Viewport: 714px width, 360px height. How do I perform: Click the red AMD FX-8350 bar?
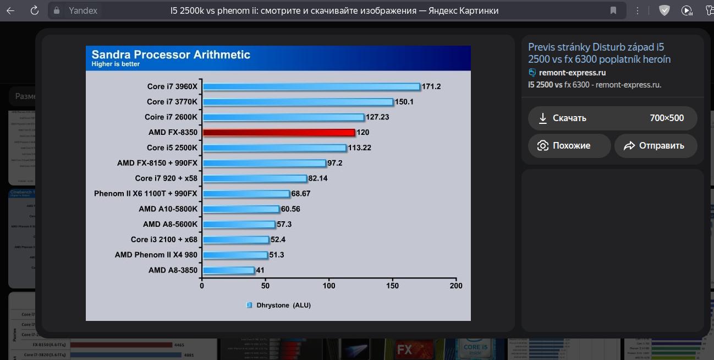279,133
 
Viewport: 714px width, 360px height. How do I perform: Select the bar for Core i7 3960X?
311,86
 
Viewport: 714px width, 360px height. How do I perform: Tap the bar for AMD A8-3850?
229,270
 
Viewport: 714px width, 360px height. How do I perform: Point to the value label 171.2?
431,86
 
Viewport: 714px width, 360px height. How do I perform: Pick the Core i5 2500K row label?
172,148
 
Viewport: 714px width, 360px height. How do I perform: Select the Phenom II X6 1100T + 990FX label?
146,194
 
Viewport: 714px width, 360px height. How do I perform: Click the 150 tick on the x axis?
393,286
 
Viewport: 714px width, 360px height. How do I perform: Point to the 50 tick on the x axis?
266,286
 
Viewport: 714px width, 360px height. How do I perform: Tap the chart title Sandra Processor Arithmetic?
171,54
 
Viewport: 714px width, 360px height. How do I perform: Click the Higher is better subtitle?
116,64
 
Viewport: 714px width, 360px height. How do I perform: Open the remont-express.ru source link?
572,73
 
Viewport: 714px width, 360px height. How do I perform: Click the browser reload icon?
35,10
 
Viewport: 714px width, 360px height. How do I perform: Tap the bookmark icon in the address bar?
613,10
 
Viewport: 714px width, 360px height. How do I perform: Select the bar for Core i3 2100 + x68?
235,240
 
